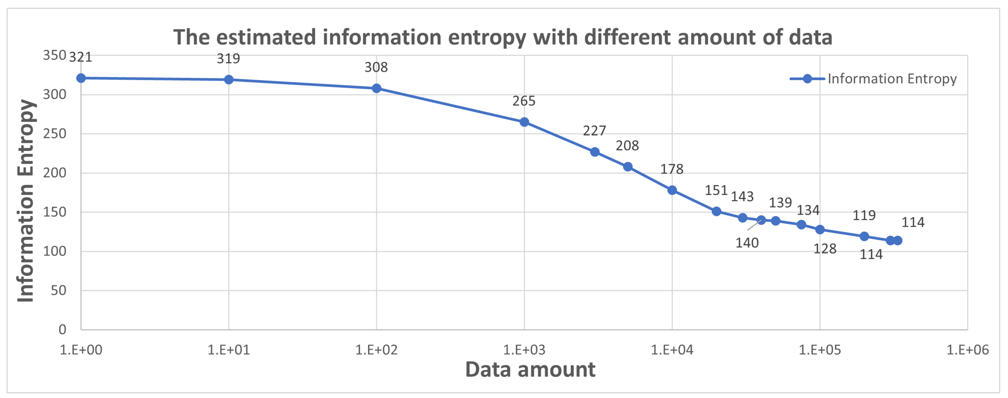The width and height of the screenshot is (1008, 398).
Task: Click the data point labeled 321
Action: pos(81,78)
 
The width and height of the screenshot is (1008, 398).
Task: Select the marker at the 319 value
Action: pos(229,80)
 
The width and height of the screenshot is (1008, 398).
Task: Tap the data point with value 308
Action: pos(376,88)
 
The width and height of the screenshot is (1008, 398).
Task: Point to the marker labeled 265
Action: pos(524,122)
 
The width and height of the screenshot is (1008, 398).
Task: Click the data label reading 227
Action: pos(594,131)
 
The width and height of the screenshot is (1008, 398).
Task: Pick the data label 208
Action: pos(627,145)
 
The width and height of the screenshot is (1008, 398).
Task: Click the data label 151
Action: pos(716,190)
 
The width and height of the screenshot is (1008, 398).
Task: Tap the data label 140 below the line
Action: pos(747,243)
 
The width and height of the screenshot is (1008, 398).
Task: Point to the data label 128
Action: pos(825,249)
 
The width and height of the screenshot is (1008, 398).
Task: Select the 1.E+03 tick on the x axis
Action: pos(524,349)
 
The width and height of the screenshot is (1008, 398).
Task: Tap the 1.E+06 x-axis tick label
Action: pos(967,349)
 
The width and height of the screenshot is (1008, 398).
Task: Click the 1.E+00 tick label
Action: pos(81,349)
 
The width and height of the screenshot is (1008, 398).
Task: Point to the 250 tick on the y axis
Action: pos(54,134)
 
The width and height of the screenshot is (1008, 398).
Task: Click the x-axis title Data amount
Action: pos(530,370)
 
